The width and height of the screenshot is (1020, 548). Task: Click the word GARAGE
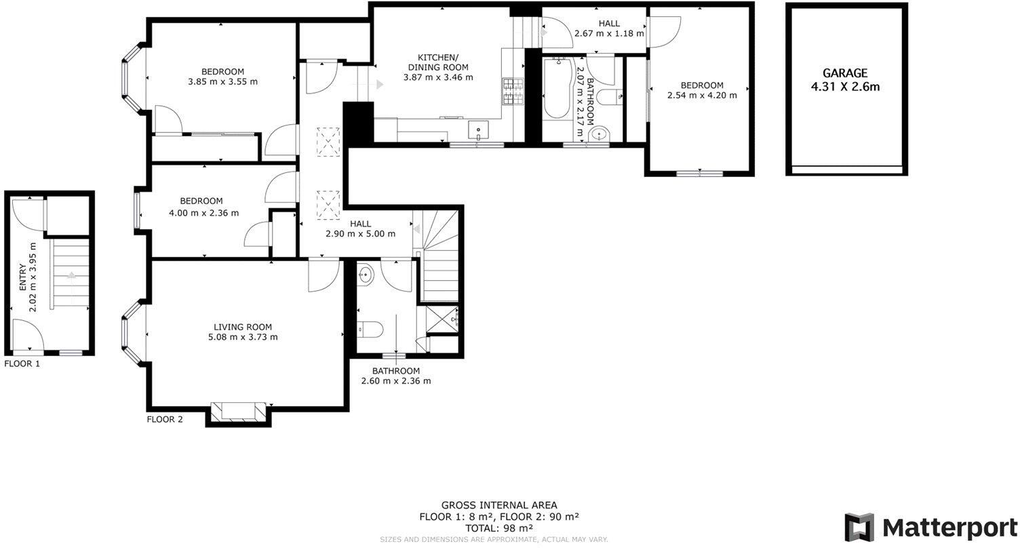(x=845, y=73)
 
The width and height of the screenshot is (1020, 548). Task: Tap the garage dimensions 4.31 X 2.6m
(x=845, y=87)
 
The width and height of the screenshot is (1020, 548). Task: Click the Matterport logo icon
(x=860, y=528)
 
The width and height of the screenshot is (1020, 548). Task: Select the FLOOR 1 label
(x=22, y=364)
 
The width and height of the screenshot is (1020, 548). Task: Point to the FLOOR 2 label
(x=165, y=419)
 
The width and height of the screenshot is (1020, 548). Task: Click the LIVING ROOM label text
(x=242, y=326)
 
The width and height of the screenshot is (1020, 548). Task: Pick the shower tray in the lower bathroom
(x=442, y=318)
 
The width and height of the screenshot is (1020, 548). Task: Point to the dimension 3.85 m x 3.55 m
(x=222, y=81)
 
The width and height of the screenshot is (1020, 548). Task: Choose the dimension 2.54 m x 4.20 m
(x=702, y=95)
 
